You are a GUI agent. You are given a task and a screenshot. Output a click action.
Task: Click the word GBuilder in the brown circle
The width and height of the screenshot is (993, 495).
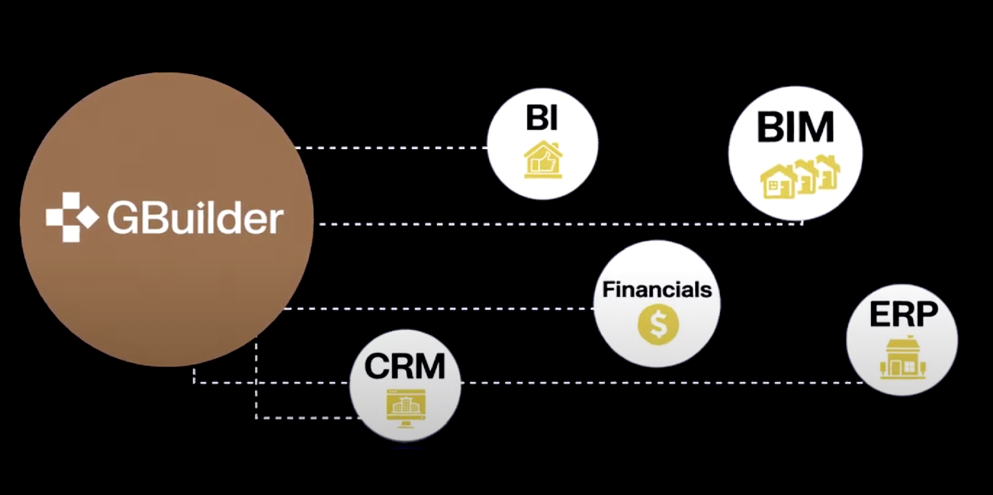point(195,218)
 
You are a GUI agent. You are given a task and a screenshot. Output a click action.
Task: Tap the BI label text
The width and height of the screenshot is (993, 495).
point(542,118)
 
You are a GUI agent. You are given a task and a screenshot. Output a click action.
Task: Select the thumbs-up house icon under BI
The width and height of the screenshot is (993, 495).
point(543,160)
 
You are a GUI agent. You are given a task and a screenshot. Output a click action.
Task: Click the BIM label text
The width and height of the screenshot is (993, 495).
point(795,127)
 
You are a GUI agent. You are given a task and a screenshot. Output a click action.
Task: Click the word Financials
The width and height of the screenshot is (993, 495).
point(657,289)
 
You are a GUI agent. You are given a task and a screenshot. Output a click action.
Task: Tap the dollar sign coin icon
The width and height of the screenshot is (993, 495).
point(658,324)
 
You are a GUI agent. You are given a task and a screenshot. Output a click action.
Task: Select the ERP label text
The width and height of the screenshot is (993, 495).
point(903,314)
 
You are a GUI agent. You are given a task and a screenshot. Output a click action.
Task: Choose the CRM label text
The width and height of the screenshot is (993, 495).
point(405,366)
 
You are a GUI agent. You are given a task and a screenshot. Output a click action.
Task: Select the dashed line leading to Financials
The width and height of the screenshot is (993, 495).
point(439,309)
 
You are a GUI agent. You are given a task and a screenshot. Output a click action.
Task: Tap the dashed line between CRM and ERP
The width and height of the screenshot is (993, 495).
point(656,383)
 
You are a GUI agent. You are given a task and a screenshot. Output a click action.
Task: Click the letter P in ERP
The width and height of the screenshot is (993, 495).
point(924,314)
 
